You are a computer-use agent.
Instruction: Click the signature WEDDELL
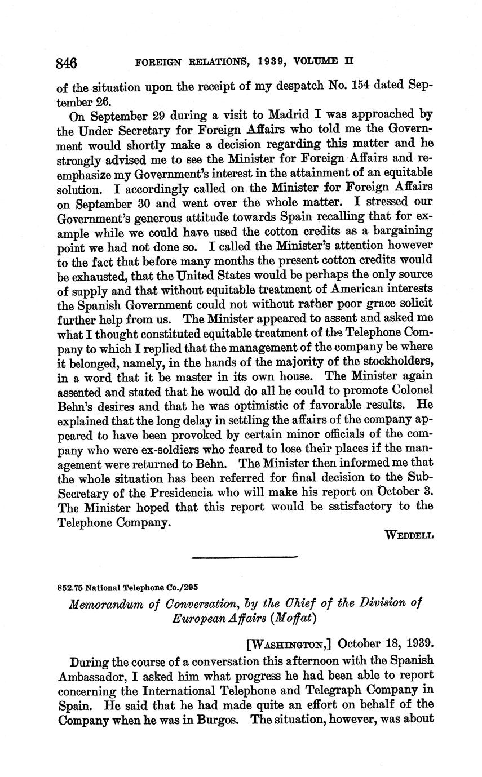pos(408,535)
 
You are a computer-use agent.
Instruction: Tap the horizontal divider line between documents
pos(245,558)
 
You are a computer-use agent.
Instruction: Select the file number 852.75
pos(70,587)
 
